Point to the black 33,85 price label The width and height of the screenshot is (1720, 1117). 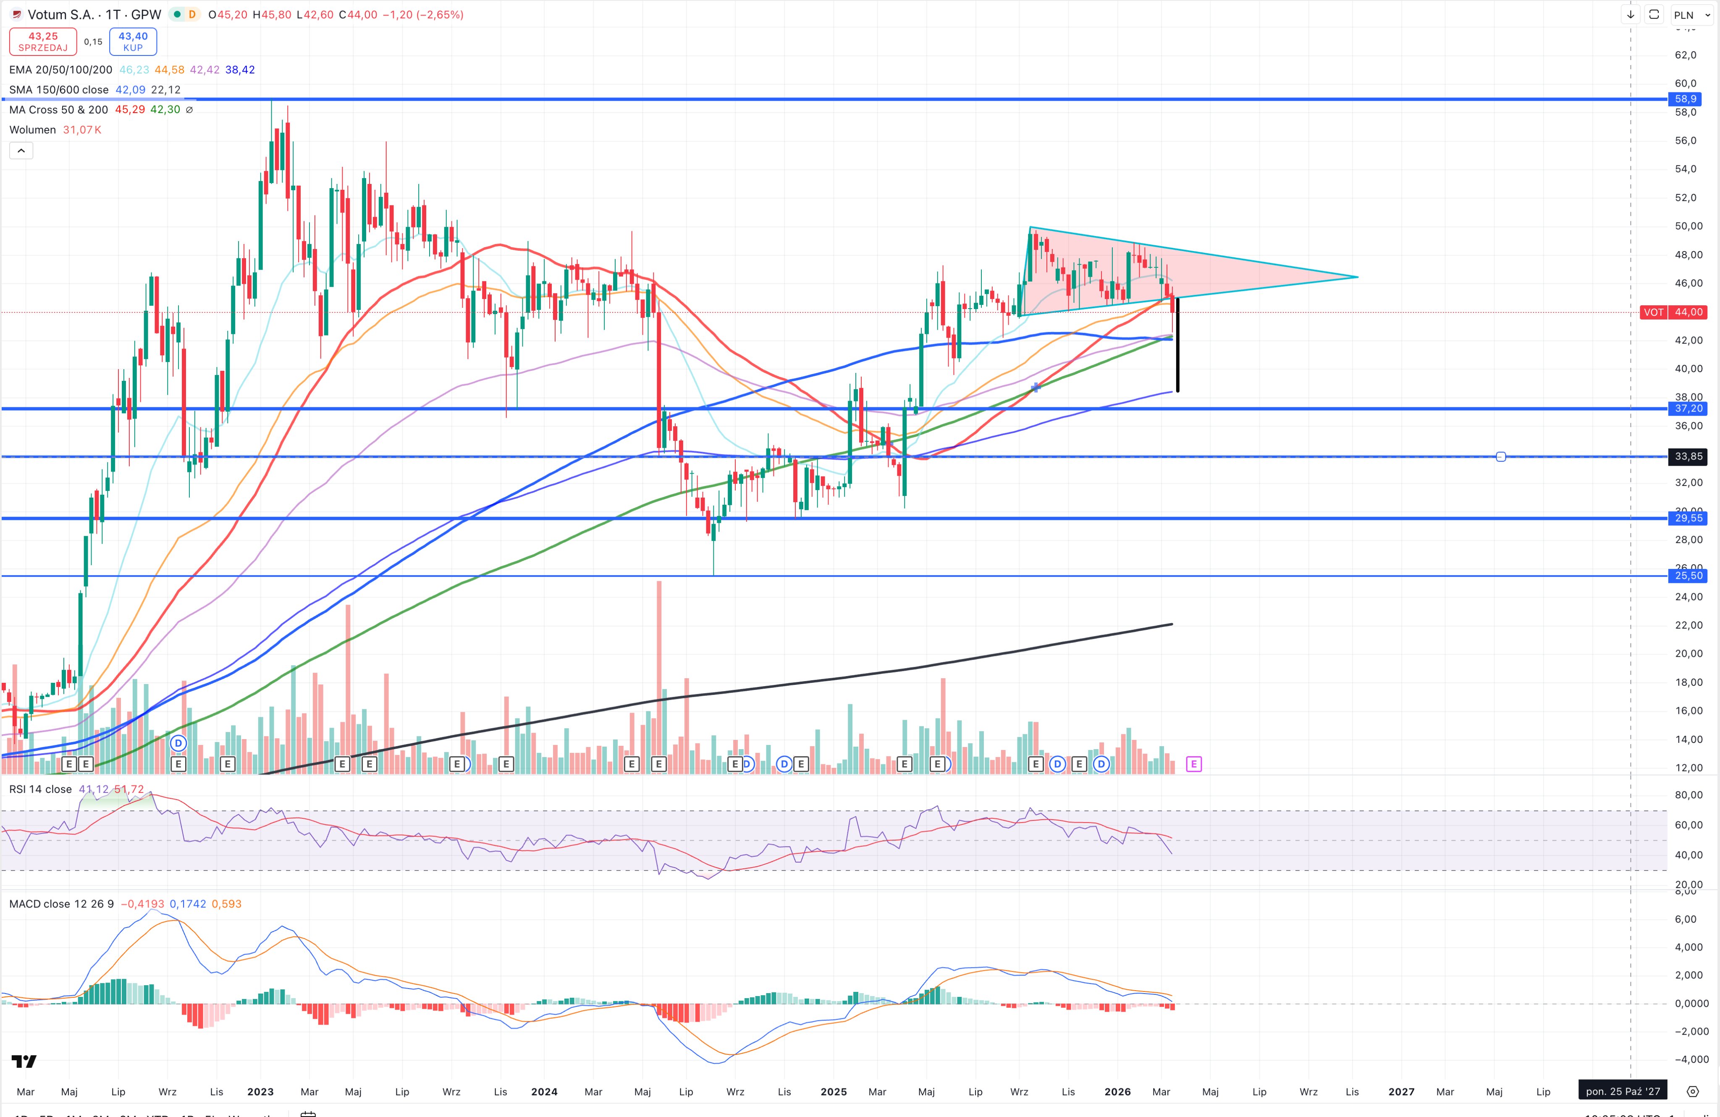(1688, 456)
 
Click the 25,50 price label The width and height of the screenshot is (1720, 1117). (1688, 576)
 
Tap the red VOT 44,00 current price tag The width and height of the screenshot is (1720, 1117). (1674, 312)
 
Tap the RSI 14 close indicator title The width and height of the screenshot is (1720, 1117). (40, 789)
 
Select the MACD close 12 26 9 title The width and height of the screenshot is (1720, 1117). (61, 904)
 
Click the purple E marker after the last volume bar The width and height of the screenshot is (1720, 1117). (1193, 764)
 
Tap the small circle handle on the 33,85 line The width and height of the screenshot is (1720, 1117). (1500, 456)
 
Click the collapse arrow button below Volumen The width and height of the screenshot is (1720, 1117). (21, 150)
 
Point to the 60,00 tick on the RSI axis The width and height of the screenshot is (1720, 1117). (1688, 825)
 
